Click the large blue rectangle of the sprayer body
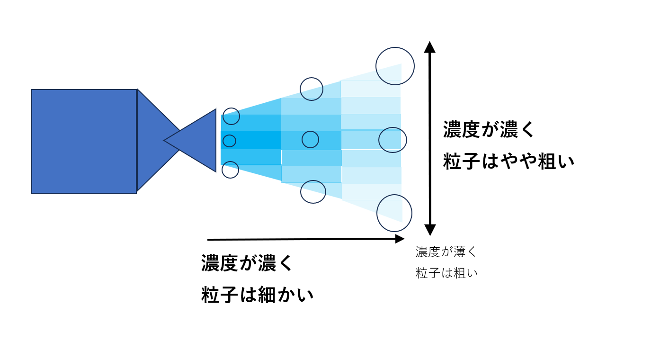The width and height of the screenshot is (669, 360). click(x=84, y=141)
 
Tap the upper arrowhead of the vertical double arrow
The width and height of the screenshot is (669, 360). click(x=429, y=47)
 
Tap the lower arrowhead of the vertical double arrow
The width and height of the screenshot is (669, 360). click(x=429, y=230)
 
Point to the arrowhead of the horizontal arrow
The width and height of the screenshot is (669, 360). click(x=400, y=239)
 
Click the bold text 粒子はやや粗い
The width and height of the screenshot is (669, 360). click(x=508, y=162)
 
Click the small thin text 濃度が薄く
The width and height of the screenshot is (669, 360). click(x=446, y=252)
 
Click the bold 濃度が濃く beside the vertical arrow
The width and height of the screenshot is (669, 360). click(x=489, y=129)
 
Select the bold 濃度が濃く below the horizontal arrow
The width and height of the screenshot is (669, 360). click(x=247, y=263)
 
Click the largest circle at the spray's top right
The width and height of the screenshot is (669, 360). click(x=395, y=66)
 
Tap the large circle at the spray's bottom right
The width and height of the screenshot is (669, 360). click(x=394, y=213)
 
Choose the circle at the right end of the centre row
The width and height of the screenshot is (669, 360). click(x=392, y=140)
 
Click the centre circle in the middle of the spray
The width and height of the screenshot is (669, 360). click(x=310, y=139)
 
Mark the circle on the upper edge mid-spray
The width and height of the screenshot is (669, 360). click(x=312, y=89)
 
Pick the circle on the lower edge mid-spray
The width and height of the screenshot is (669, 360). click(x=313, y=191)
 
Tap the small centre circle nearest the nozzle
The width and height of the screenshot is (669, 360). click(x=229, y=141)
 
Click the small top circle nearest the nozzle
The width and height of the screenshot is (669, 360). click(x=231, y=116)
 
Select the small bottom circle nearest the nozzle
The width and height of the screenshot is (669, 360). click(x=230, y=170)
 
